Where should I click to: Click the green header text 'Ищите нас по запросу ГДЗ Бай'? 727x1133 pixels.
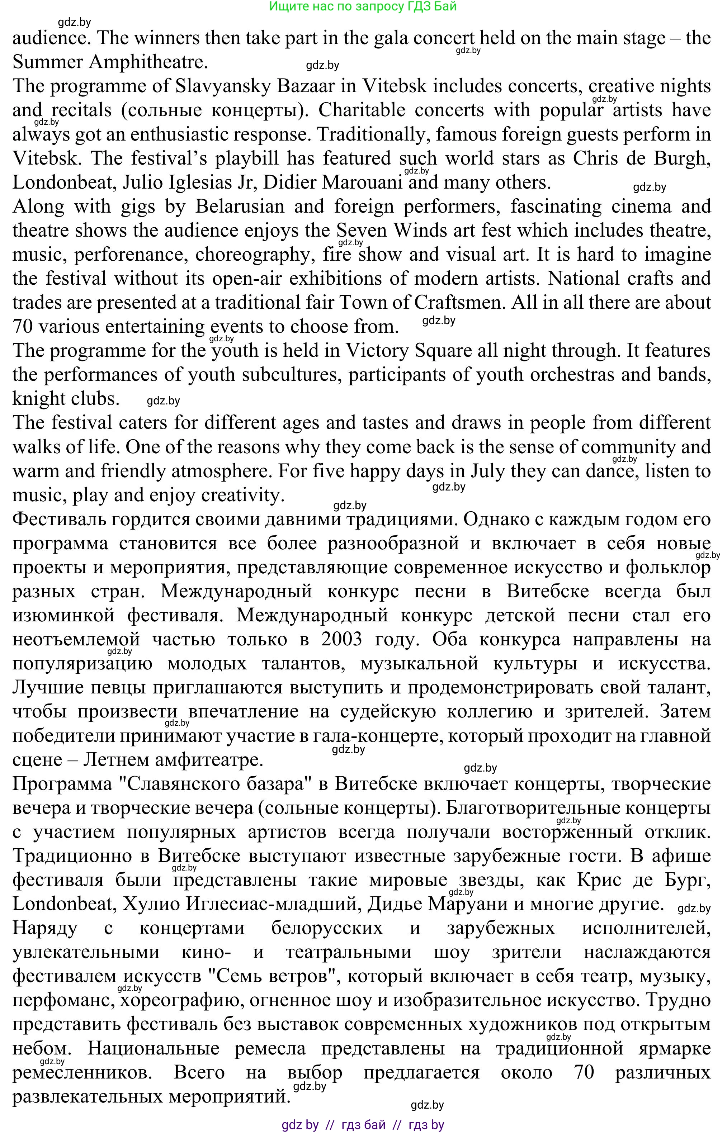point(363,6)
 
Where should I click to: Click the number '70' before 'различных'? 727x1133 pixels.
point(584,1073)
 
